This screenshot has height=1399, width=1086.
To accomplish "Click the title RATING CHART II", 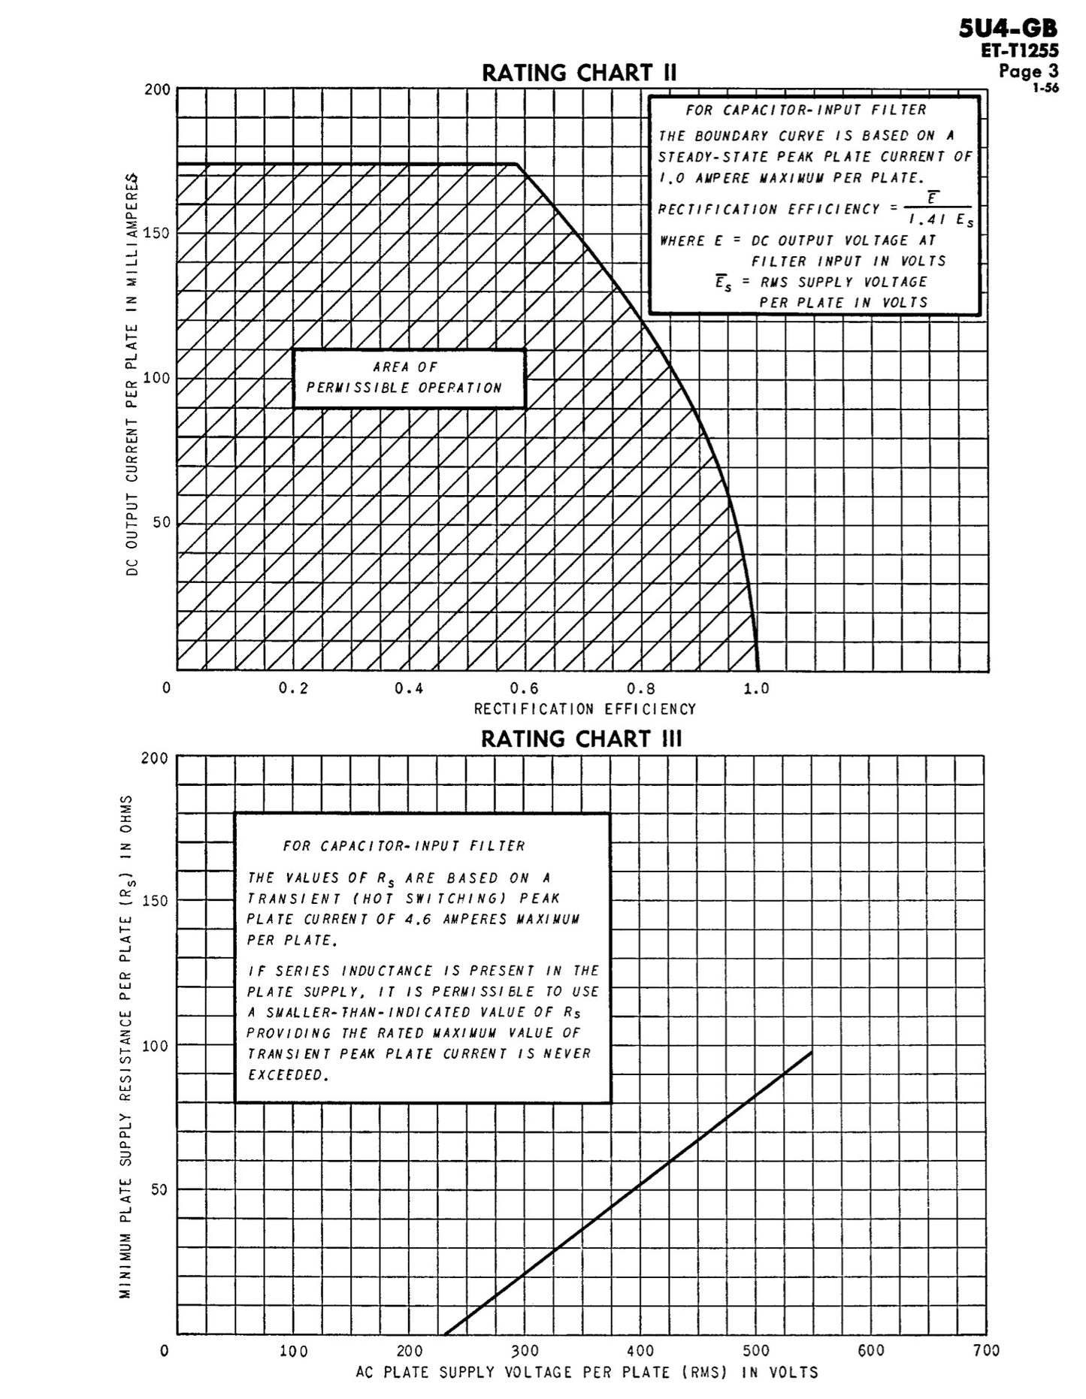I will pyautogui.click(x=579, y=73).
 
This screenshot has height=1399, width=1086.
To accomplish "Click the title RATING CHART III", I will pyautogui.click(x=581, y=739).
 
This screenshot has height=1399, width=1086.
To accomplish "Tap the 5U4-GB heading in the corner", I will pyautogui.click(x=1009, y=29).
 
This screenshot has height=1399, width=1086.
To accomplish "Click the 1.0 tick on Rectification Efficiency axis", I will pyautogui.click(x=756, y=689).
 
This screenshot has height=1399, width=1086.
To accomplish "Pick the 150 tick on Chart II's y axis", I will pyautogui.click(x=156, y=233).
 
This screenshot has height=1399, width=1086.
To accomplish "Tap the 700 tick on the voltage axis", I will pyautogui.click(x=985, y=1351).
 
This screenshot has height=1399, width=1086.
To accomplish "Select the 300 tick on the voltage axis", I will pyautogui.click(x=525, y=1351).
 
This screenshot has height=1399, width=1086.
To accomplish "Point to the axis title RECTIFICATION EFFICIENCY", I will pyautogui.click(x=585, y=709).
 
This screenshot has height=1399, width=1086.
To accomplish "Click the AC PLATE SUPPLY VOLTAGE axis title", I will pyautogui.click(x=587, y=1372).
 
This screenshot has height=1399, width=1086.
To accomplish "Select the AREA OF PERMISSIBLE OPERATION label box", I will pyautogui.click(x=408, y=378).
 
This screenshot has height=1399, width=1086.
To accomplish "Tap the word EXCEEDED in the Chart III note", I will pyautogui.click(x=288, y=1075).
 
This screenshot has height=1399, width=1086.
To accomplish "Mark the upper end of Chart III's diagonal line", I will pyautogui.click(x=812, y=1053).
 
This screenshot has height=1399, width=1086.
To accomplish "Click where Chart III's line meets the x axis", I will pyautogui.click(x=446, y=1334).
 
